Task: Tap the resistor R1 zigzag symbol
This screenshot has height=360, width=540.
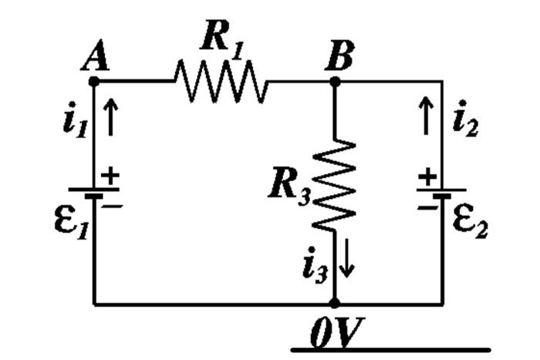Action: [221, 80]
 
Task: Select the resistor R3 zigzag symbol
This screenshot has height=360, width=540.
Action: [335, 185]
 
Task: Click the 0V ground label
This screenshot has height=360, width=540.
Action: [332, 331]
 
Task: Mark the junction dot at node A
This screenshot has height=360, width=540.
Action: [94, 80]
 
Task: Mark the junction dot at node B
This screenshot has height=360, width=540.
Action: [335, 80]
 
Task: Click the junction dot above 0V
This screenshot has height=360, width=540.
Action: [335, 304]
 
